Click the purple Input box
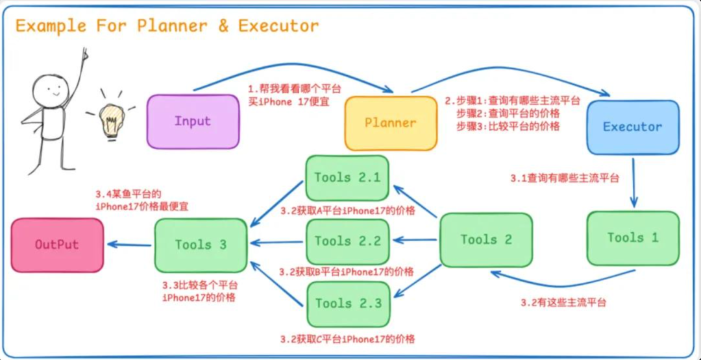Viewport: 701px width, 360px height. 193,121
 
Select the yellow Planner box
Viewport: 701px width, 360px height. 391,123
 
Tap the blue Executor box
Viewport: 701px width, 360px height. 632,127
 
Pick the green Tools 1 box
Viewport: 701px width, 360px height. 633,238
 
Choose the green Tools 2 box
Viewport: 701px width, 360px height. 486,240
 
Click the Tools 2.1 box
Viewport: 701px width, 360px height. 347,178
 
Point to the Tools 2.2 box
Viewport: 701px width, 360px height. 347,241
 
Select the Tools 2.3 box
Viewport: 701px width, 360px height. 348,304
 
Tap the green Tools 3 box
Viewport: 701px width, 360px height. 201,245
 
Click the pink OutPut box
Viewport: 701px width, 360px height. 57,245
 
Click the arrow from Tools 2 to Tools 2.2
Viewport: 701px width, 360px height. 416,240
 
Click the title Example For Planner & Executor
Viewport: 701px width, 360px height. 167,26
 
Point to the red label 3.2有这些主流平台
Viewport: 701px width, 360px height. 563,302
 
